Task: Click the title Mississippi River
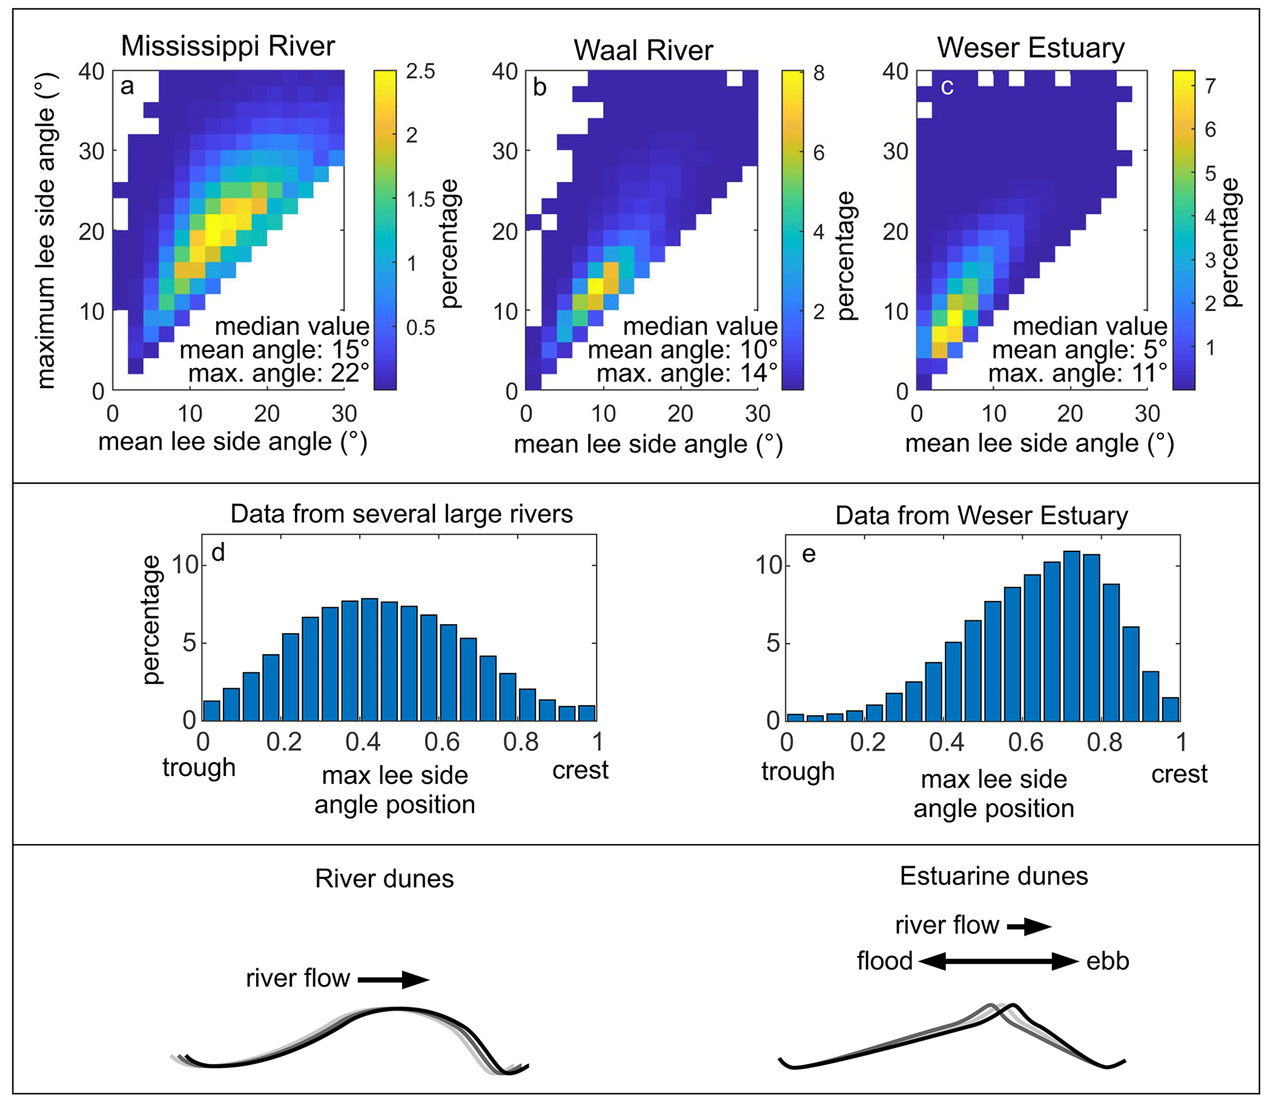pos(228,46)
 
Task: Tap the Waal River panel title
pos(643,51)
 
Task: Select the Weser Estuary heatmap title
pos(1030,48)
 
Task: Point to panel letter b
pos(540,87)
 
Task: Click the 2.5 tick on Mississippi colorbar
pos(421,71)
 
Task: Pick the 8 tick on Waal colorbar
pos(818,73)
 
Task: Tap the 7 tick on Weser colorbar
pos(1210,86)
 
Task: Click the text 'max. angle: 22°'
pos(278,373)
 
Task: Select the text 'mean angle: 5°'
pos(1079,350)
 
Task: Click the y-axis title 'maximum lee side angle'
pos(46,231)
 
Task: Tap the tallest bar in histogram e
pos(1072,635)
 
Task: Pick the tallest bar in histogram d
pos(369,659)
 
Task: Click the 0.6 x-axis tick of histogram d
pos(442,742)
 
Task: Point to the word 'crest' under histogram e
pos(1179,774)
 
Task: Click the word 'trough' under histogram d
pos(199,768)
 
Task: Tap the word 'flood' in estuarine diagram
pos(884,961)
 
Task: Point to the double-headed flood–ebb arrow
pos(998,961)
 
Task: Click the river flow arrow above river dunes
pos(393,979)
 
